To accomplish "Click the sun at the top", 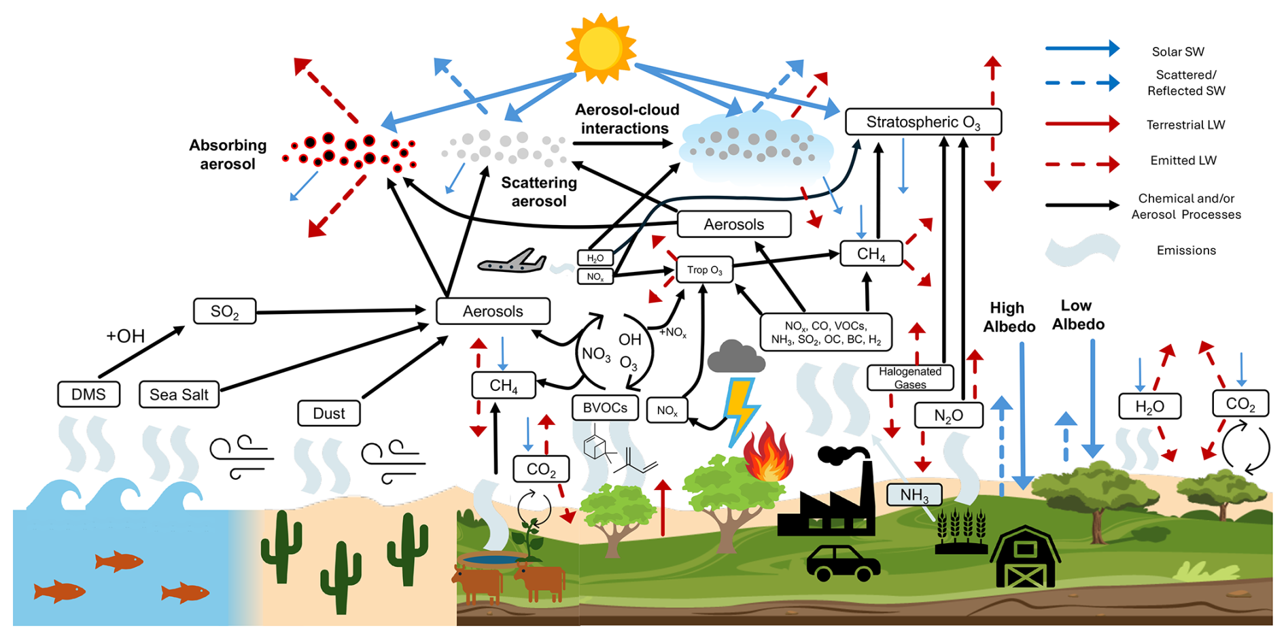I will point(600,48).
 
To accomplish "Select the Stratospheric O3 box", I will point(922,122).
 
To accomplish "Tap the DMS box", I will point(88,394).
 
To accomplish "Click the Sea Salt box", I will point(179,394).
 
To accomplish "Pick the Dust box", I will point(328,413).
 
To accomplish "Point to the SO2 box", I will point(224,311).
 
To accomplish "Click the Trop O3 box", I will point(704,270).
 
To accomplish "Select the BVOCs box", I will point(605,408).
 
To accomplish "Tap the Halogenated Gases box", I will point(910,378).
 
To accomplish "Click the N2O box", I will point(948,415).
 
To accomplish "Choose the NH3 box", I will point(914,495).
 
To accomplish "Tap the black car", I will point(843,563).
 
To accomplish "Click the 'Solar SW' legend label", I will point(1177,52).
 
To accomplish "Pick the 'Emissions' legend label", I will point(1186,250).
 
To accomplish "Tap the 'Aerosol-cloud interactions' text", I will point(626,119).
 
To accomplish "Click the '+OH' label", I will point(126,336).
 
